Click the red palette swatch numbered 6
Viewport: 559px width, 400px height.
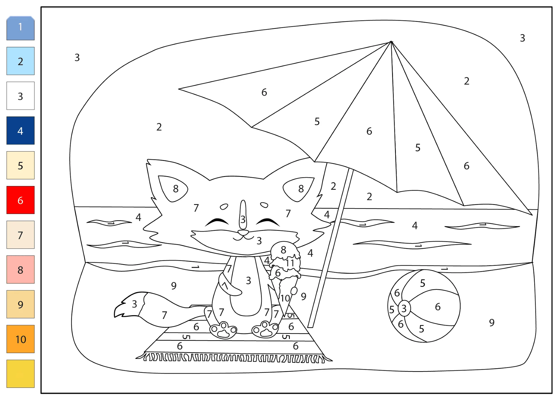tap(20, 200)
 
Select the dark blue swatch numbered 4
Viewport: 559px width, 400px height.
tap(20, 130)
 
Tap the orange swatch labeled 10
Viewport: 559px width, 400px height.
tap(20, 339)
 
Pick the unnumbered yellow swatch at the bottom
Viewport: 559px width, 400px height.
tap(20, 373)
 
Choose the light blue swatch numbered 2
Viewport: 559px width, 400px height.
tap(20, 61)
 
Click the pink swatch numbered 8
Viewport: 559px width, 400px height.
tap(20, 269)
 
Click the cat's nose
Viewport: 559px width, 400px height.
tap(243, 232)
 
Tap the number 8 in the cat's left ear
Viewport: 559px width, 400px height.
tap(176, 189)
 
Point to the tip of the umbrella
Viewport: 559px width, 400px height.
tap(392, 42)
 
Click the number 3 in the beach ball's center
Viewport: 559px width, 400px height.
tap(404, 308)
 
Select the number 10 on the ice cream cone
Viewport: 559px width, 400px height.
tap(285, 298)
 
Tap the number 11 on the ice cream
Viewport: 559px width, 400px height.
tap(290, 263)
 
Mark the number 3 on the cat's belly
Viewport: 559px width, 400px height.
tap(248, 280)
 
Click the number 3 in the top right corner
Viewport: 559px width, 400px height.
tap(523, 38)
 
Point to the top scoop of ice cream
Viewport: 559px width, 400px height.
tap(285, 251)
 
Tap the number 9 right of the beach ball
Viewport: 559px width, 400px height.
tap(492, 322)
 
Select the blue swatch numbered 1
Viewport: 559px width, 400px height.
tap(20, 28)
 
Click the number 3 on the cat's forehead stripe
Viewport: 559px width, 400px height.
tap(243, 219)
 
